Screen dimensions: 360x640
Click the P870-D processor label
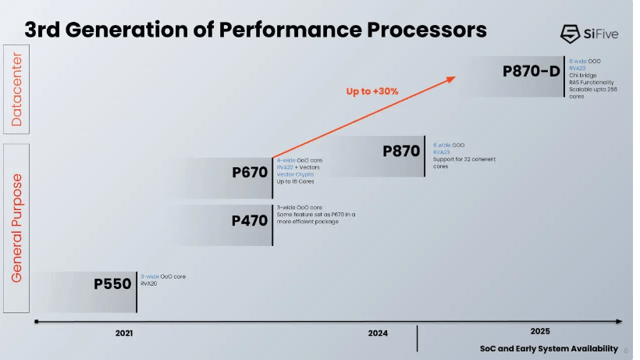[x=531, y=72]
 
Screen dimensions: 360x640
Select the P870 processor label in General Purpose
[x=402, y=151]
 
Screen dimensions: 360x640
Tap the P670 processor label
[x=250, y=173]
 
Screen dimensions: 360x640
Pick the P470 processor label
[x=250, y=220]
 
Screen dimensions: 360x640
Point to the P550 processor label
[x=113, y=283]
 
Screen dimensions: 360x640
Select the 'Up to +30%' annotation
[x=372, y=91]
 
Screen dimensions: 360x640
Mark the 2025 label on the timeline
[x=539, y=330]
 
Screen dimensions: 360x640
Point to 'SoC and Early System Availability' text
[x=548, y=348]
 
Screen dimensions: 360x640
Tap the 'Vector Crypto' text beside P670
[x=295, y=174]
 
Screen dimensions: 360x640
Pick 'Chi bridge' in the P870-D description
[x=582, y=75]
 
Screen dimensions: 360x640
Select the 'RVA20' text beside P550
[x=148, y=284]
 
